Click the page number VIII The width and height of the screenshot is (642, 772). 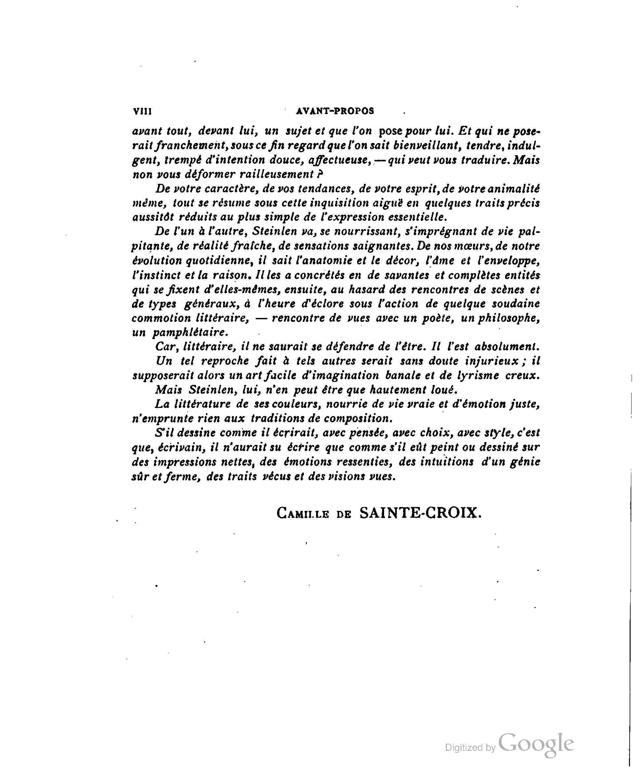142,111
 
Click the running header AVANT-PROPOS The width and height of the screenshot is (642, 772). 335,111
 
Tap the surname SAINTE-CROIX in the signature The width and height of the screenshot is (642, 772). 421,513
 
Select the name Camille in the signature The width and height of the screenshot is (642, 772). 302,513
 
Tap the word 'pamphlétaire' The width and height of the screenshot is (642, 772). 190,332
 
